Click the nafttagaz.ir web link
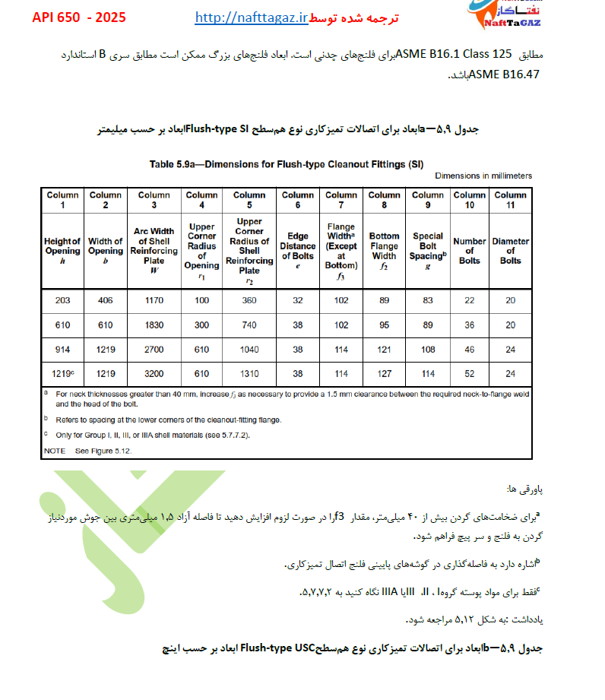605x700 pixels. pos(251,17)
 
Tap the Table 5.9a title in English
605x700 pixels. pos(287,163)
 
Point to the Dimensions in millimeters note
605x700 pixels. pos(483,176)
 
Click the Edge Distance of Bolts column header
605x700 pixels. pos(297,246)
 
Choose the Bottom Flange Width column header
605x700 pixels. pos(384,246)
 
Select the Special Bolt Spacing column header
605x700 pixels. pos(427,246)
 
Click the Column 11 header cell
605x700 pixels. pos(510,200)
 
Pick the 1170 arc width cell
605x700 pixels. pos(154,300)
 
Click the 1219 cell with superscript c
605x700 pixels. pos(63,373)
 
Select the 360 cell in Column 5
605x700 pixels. pos(249,300)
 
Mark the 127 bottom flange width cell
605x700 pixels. pos(384,373)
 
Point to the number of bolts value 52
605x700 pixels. pos(470,373)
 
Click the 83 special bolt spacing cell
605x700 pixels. pos(427,300)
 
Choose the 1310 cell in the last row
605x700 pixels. pos(249,373)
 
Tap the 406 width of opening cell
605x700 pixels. pos(106,300)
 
